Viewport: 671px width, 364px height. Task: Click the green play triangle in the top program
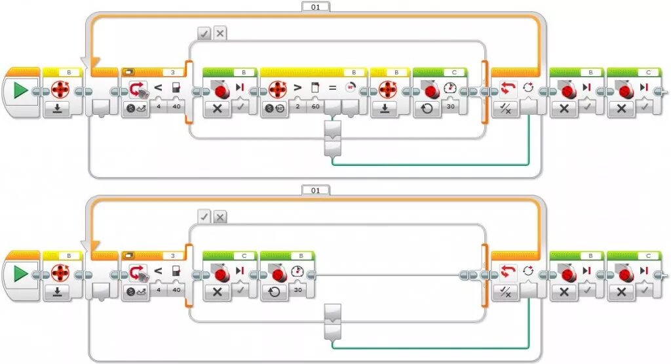(x=20, y=91)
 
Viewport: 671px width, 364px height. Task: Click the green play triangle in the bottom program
(x=20, y=273)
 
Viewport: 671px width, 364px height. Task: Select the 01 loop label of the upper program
(x=316, y=7)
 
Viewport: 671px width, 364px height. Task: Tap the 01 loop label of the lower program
(x=316, y=190)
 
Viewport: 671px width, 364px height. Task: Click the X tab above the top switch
(x=220, y=33)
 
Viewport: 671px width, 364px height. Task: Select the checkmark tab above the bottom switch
(x=204, y=216)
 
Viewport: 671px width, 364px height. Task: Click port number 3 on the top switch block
(x=172, y=71)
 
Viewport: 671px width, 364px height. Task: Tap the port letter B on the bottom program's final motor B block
(x=592, y=255)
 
